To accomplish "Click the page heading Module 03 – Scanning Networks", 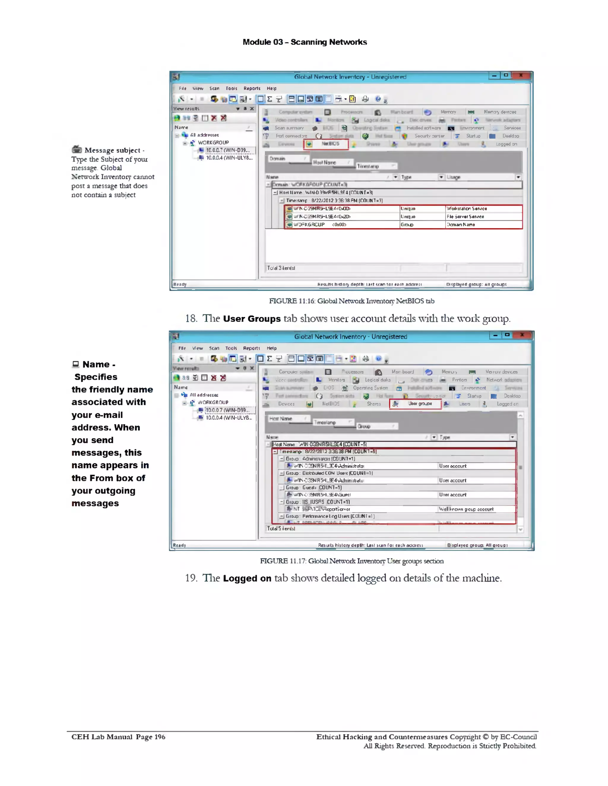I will point(304,42).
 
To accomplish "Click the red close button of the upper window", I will point(520,75).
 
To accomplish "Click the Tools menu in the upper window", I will point(231,88).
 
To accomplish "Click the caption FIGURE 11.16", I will point(351,301).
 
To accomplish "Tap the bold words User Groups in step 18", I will point(251,319).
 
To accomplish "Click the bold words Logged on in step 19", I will point(247,578).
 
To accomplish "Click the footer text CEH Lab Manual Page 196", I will point(118,737).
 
